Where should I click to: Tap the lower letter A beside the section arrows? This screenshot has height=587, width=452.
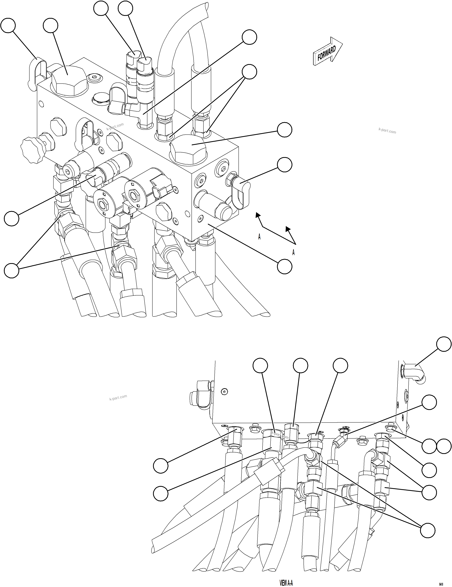click(293, 252)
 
